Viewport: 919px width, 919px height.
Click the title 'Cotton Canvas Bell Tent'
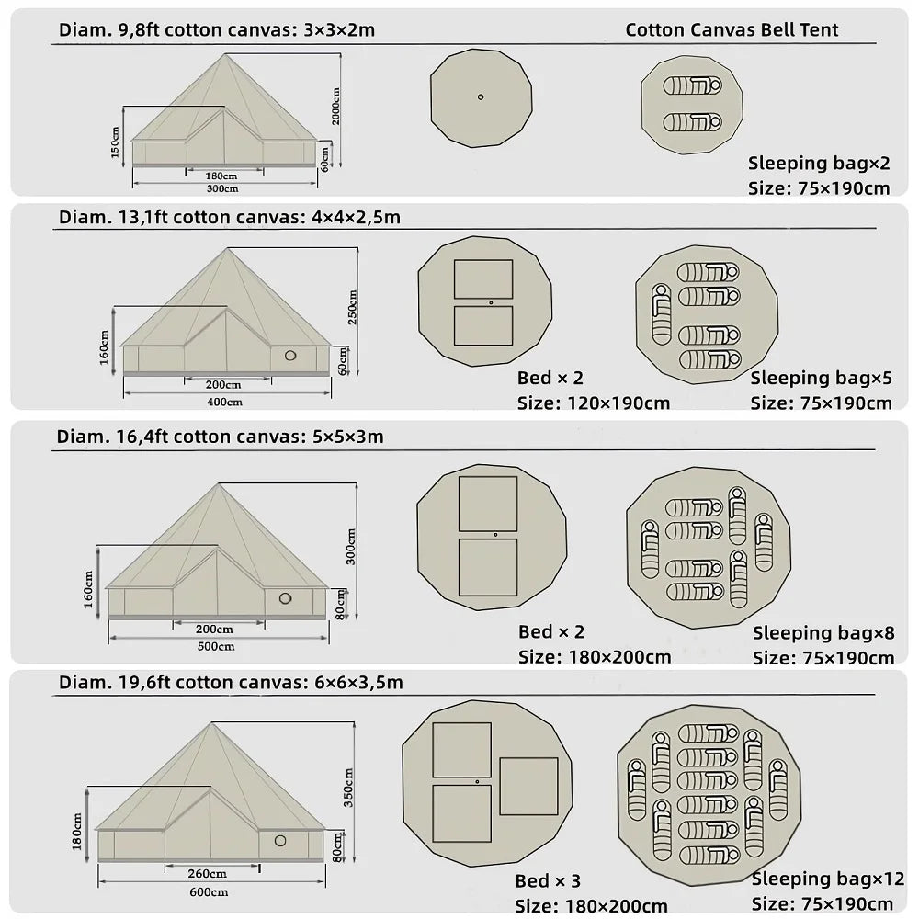(732, 29)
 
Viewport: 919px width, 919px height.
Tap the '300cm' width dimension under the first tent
(222, 188)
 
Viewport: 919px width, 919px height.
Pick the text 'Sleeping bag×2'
(819, 164)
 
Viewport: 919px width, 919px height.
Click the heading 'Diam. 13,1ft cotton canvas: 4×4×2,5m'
(230, 218)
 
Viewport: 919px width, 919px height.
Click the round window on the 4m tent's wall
(290, 356)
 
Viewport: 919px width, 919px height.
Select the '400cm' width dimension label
(224, 402)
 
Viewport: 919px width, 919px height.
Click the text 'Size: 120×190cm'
(594, 403)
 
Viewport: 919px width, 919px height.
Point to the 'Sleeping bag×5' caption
(822, 378)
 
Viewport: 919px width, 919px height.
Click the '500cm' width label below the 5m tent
(217, 646)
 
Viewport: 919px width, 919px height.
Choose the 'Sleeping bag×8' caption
(823, 632)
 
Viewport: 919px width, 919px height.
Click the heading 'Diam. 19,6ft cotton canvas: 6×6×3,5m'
(231, 683)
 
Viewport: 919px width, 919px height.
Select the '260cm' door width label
(208, 873)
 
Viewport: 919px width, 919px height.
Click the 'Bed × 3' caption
(549, 882)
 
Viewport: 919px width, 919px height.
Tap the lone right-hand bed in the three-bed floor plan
(528, 786)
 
